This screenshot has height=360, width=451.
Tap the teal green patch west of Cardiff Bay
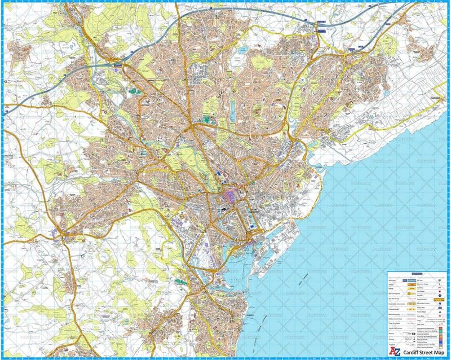(x=181, y=280)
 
